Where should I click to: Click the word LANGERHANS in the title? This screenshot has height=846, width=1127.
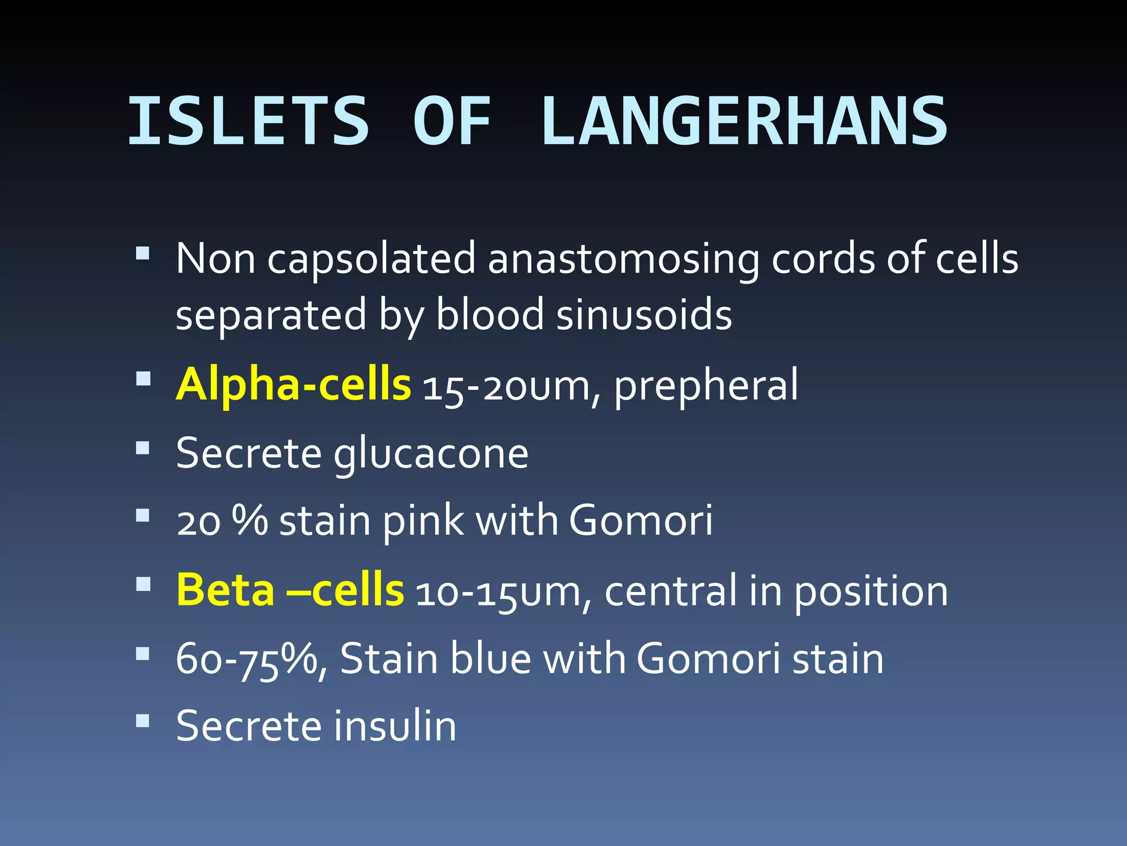[744, 121]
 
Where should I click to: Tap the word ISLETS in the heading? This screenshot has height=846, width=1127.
[248, 121]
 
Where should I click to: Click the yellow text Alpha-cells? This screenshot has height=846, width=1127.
[293, 384]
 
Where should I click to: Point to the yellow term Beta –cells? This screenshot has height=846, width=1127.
[290, 590]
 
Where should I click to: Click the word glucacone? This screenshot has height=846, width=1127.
[431, 454]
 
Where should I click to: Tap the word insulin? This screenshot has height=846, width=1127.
[395, 726]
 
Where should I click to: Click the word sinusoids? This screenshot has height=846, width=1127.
[644, 315]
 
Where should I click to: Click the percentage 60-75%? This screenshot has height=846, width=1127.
[251, 659]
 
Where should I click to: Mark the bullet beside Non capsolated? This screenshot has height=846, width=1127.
[143, 253]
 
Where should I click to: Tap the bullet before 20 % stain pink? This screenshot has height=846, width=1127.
[143, 515]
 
